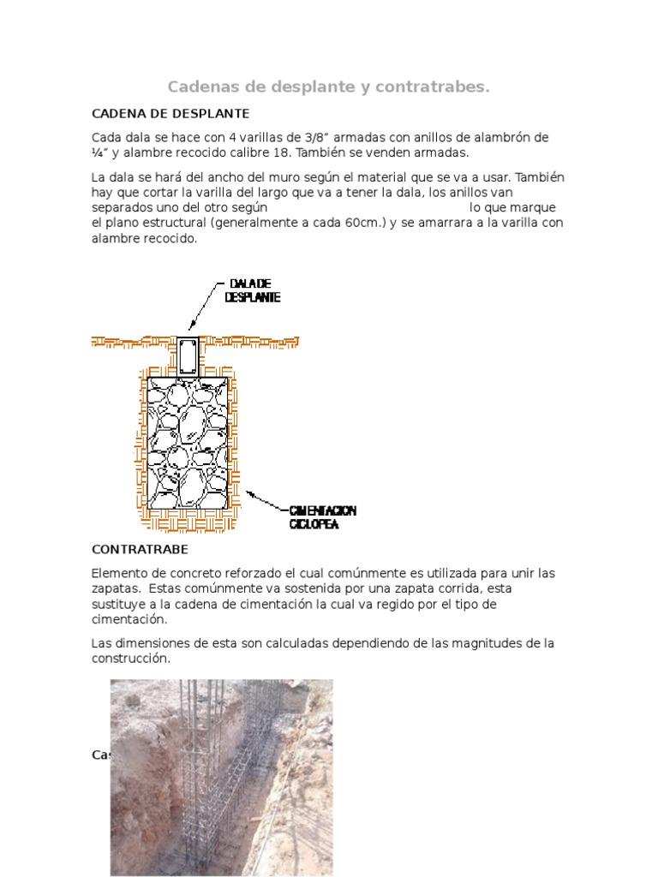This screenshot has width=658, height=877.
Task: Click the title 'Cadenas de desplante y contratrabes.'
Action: click(328, 87)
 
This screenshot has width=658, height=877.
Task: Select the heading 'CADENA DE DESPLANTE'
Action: click(170, 113)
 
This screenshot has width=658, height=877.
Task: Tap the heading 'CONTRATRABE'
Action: click(140, 548)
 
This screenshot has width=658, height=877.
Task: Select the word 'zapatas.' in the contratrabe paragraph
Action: click(117, 588)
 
